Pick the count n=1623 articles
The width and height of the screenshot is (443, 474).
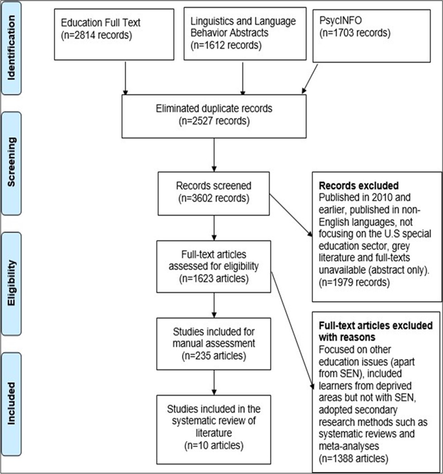214,278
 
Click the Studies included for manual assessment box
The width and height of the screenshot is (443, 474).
214,344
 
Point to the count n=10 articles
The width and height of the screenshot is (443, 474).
214,446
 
